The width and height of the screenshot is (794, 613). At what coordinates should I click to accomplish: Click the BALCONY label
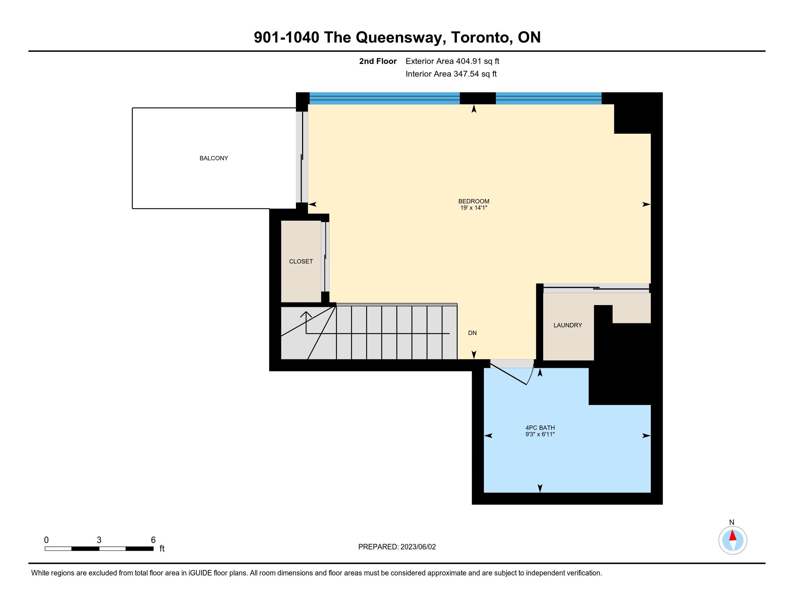coord(214,158)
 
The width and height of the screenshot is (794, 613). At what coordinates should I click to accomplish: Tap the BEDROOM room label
coord(474,201)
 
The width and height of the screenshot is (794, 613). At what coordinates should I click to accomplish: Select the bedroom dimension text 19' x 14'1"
coord(474,208)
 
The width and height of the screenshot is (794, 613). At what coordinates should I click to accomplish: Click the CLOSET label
coord(301,261)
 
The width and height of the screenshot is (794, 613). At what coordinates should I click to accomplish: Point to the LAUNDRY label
coord(568,325)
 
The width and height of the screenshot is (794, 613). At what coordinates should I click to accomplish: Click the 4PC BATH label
coord(540,428)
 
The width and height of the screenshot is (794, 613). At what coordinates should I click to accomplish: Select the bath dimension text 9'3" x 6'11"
coord(540,435)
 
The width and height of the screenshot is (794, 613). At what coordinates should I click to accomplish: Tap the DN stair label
coord(472,333)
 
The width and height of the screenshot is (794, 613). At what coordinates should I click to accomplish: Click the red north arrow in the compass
coord(733,536)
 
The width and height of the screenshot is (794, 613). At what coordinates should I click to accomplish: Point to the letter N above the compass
coord(732,522)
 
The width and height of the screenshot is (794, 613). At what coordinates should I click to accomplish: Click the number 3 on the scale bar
coord(99,540)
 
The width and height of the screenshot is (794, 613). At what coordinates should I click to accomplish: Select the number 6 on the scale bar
coord(153,540)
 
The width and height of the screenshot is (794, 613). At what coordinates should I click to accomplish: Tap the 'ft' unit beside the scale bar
coord(162,549)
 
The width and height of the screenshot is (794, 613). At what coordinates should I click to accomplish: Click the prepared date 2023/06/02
coord(418,547)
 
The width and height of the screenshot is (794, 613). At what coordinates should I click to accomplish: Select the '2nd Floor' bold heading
coord(378,61)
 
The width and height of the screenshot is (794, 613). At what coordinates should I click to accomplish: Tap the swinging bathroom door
coord(512,372)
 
